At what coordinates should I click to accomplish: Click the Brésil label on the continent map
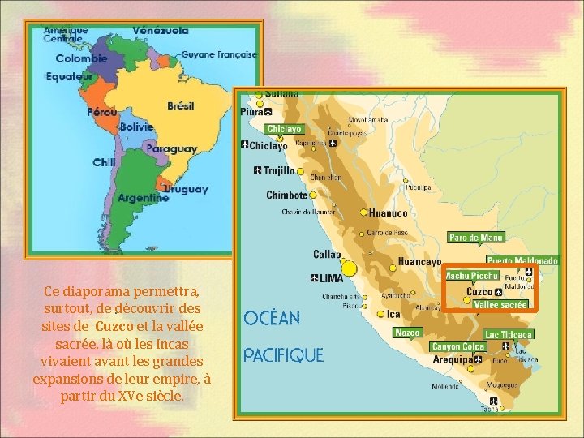(x=180, y=106)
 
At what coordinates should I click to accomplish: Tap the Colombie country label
(x=81, y=58)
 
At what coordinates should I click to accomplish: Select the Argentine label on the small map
(x=143, y=197)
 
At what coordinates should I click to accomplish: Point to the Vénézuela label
(x=160, y=30)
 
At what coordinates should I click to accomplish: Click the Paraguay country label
(x=171, y=149)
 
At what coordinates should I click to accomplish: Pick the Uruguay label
(x=186, y=189)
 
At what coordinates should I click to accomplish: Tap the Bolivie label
(x=135, y=127)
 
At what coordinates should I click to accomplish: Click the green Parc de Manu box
(x=475, y=238)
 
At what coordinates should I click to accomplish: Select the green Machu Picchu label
(x=471, y=276)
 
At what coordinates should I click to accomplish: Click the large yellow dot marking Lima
(x=349, y=268)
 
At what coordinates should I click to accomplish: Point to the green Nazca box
(x=407, y=333)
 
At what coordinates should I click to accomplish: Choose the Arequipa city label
(x=448, y=358)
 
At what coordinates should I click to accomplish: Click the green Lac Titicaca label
(x=508, y=334)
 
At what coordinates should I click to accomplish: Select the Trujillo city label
(x=279, y=171)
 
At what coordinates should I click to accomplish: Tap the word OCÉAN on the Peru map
(x=272, y=318)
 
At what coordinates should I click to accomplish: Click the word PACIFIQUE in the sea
(x=283, y=355)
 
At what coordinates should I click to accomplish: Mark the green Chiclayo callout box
(x=284, y=129)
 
